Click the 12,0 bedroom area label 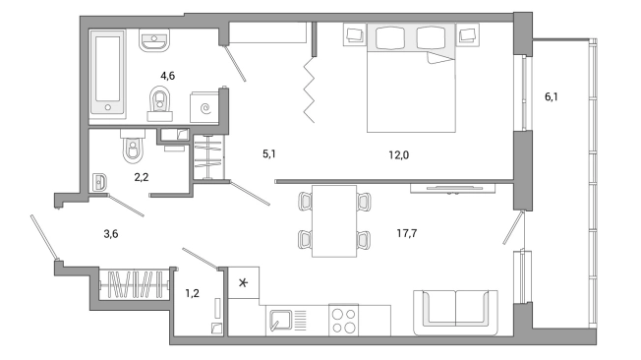tap(398, 155)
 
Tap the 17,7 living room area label tap(407, 233)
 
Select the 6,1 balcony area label tap(552, 97)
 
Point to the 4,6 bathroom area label tap(167, 76)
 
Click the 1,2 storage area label tap(192, 293)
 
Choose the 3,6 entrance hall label tap(111, 233)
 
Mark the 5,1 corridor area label tap(269, 153)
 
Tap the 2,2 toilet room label tap(142, 177)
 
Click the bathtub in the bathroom tap(107, 72)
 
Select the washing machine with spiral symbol tap(204, 107)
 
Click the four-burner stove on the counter tap(344, 321)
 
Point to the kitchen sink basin tap(280, 320)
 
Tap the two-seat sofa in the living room tap(455, 313)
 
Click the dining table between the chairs tap(334, 221)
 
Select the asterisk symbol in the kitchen tap(243, 282)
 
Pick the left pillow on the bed tap(390, 38)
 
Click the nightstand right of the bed tap(468, 34)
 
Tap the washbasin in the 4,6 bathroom tap(154, 40)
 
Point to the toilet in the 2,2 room tap(133, 146)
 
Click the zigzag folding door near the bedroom tap(309, 90)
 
